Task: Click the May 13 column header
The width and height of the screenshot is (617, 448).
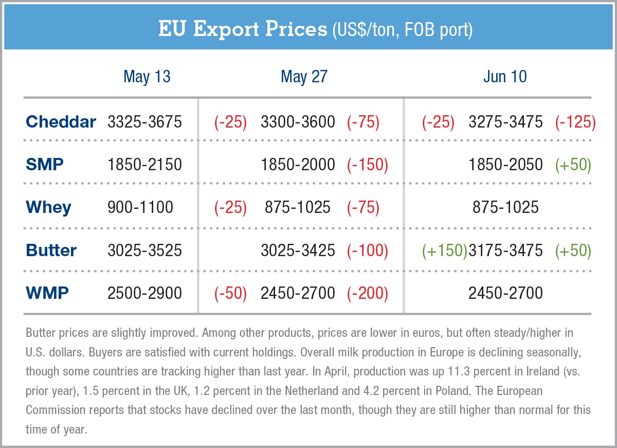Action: pos(147,77)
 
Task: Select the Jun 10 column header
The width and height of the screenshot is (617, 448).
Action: pos(504,77)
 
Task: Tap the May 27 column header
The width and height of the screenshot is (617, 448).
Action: pos(304,77)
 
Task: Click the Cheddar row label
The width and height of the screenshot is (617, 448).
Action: pos(61,122)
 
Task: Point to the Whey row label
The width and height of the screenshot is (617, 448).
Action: pos(48,207)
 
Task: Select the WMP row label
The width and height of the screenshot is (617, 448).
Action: pos(47,293)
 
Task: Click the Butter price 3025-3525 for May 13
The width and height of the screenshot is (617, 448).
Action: pos(144,250)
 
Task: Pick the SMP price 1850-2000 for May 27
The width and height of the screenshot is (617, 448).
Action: pos(298,165)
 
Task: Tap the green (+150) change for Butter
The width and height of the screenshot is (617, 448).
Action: pos(445,250)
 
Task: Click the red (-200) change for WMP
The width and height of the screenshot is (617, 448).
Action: pos(367,293)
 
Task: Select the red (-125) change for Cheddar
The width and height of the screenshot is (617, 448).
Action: pos(575,122)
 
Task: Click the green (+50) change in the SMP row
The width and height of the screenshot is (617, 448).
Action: pos(573,165)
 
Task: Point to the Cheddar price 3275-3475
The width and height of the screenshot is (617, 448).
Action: pos(505,122)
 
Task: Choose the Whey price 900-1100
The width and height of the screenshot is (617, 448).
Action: pos(140,207)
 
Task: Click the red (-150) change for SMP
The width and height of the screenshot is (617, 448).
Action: pos(367,165)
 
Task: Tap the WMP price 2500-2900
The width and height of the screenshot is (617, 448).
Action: pos(144,293)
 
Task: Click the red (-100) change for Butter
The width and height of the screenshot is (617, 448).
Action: pos(367,250)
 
